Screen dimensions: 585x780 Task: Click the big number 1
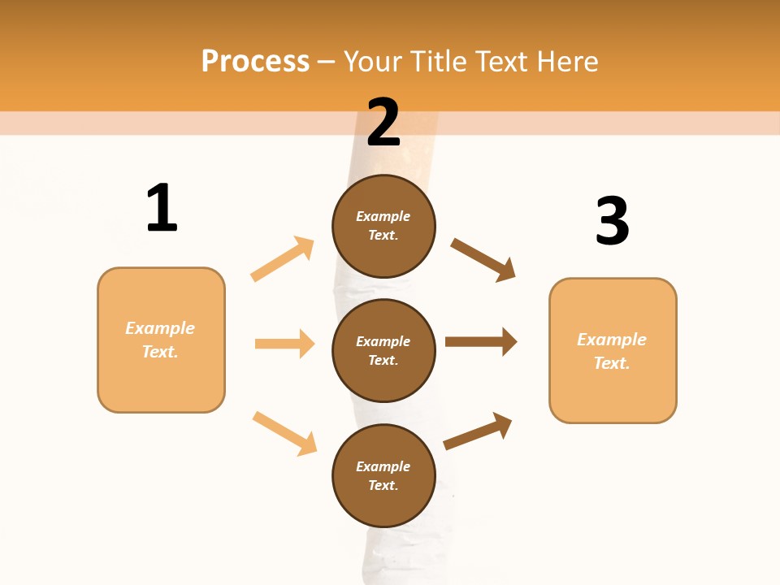coord(162,208)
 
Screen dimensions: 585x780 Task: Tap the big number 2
coord(383,123)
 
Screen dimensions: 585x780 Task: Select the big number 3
coord(612,221)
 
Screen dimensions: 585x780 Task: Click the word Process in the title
coord(255,61)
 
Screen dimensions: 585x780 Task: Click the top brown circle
coord(383,226)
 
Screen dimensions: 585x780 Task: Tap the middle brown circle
coord(383,351)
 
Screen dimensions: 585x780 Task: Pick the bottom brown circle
coord(383,476)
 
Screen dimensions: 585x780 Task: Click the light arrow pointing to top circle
coord(283,259)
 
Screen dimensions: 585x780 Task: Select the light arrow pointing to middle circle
coord(284,344)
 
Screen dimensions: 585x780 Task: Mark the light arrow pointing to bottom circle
coord(284,433)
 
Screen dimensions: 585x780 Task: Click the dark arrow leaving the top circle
coord(483,259)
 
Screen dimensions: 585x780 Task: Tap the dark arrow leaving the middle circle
coord(481,341)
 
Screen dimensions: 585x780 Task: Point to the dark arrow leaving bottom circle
coord(478,431)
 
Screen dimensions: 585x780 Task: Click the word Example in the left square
coord(160,328)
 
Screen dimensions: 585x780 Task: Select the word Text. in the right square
coord(612,363)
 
